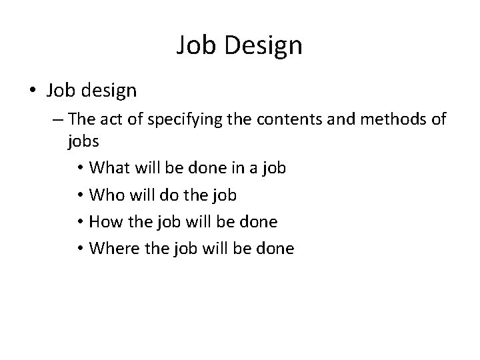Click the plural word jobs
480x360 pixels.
coord(83,141)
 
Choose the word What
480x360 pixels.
coord(111,168)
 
